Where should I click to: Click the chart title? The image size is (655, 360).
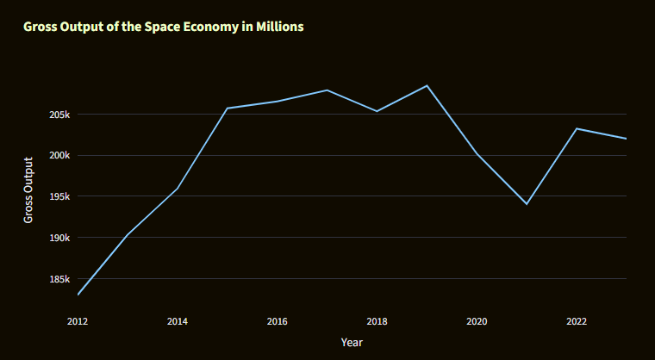164,27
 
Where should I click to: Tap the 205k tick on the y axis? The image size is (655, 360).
59,115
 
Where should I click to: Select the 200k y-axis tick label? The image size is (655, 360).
59,156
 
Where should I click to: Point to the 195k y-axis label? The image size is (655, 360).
59,196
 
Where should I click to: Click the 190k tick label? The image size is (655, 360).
59,238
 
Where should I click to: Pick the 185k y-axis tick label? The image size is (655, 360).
59,279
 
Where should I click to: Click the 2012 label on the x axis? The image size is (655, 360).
78,321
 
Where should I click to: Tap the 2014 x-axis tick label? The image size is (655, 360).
178,321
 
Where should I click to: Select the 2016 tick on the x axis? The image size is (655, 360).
278,321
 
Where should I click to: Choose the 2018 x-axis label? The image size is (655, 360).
377,321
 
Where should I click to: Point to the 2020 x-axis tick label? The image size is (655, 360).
477,321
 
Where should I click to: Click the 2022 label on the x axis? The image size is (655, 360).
577,321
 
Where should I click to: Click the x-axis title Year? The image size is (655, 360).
352,343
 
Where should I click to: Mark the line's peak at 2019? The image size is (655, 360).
427,85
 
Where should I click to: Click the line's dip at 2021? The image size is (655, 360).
527,204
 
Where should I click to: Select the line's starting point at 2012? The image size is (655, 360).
78,295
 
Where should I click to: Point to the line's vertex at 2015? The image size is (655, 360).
228,109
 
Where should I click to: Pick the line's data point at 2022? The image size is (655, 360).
577,128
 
